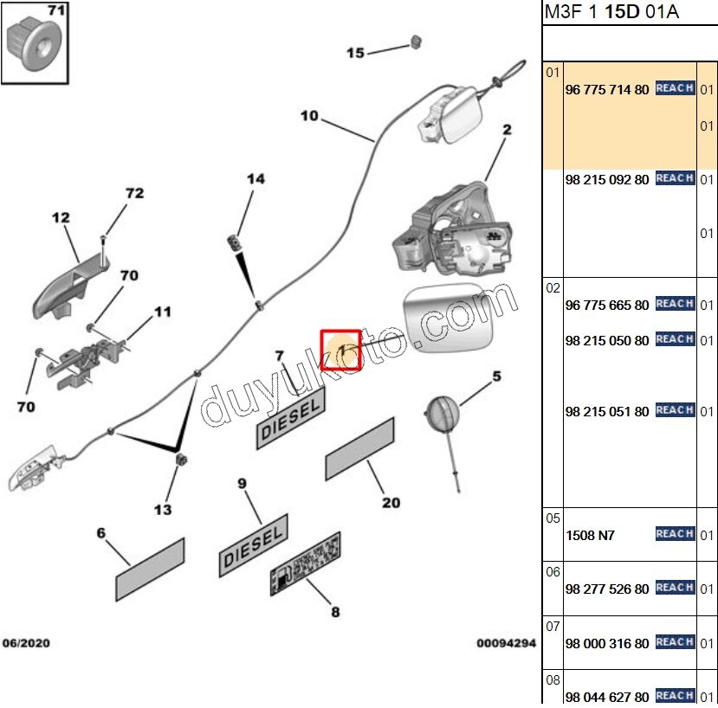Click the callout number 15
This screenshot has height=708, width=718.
click(355, 53)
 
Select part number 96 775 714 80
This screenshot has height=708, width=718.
click(606, 89)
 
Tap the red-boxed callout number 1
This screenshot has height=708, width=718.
click(340, 350)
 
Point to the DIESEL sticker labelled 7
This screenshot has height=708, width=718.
click(290, 417)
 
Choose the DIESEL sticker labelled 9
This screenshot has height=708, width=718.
click(253, 545)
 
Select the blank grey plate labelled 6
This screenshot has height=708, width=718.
click(151, 570)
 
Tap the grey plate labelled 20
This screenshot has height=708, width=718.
click(359, 448)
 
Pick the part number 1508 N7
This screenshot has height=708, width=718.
click(590, 535)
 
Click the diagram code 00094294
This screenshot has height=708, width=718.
click(506, 644)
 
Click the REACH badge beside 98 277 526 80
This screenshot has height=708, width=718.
click(675, 588)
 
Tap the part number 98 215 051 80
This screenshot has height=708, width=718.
click(606, 411)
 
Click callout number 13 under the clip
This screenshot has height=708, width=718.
click(163, 510)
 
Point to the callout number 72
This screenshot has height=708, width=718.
click(134, 193)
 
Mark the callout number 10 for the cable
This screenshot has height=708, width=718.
click(309, 115)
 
